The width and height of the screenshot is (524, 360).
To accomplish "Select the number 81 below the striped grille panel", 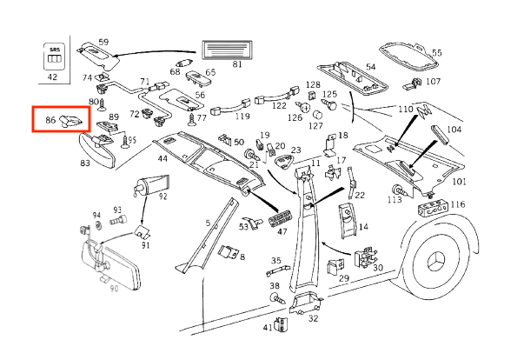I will tap(237, 63).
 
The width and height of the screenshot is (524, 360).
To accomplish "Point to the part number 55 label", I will tap(436, 53).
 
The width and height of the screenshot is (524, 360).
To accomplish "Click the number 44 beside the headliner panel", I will tap(163, 159).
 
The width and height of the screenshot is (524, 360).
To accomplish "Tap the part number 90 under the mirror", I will tap(113, 290).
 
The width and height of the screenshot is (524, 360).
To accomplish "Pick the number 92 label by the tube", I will tap(163, 197).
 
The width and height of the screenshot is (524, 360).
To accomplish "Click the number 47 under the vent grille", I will tap(282, 232).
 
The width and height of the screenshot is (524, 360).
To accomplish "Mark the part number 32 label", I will tap(313, 318).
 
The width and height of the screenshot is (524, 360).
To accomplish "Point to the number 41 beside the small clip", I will tap(268, 328).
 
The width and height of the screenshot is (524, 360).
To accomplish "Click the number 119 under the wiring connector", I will tap(242, 117).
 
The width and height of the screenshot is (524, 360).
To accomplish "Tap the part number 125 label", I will tap(329, 94).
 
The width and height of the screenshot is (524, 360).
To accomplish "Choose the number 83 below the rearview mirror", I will tap(85, 163).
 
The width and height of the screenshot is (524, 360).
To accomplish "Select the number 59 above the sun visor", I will tap(103, 42).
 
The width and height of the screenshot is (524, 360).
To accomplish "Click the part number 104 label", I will tap(454, 130).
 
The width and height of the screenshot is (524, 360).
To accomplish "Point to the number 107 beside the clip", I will tap(433, 82).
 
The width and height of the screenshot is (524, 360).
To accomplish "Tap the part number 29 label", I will tap(343, 278).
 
